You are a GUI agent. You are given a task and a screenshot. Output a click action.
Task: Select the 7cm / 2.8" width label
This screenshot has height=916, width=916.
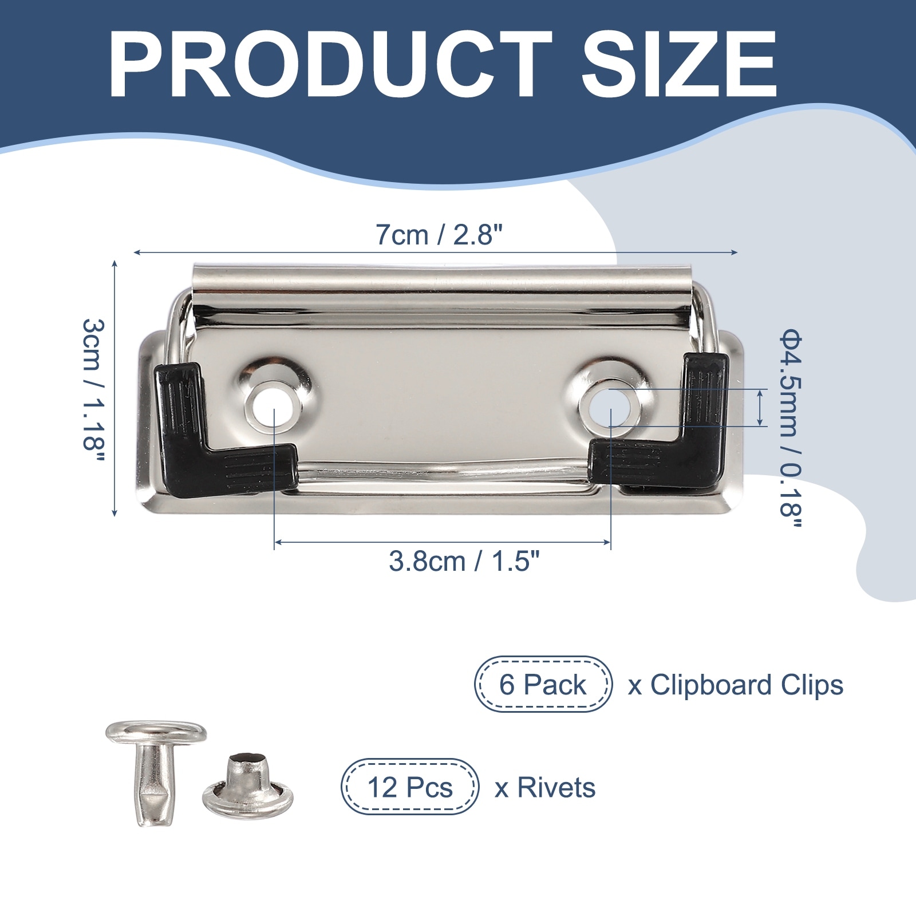(x=439, y=235)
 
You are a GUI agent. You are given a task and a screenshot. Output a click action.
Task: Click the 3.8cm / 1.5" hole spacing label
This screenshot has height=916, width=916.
(x=464, y=562)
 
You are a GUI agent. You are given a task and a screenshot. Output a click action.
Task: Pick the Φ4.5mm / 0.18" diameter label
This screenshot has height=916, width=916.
(x=791, y=432)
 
